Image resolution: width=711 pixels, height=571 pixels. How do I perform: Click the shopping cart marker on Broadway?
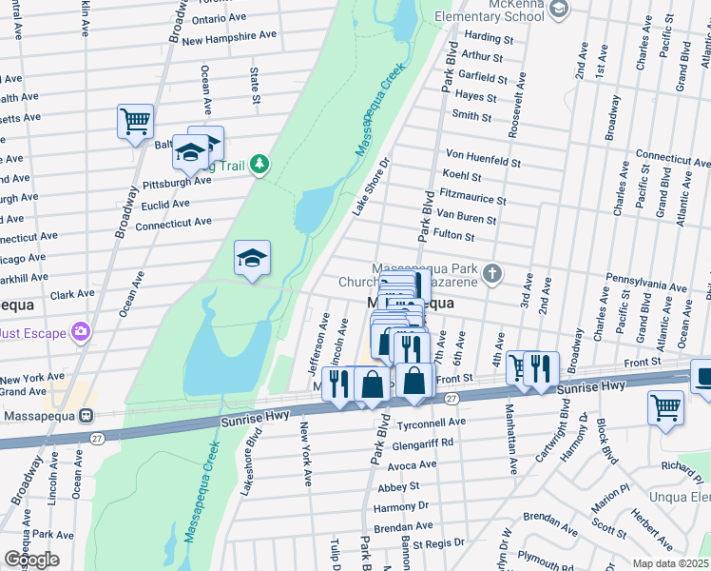click(x=135, y=122)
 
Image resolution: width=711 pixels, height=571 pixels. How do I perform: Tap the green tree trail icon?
click(x=258, y=166)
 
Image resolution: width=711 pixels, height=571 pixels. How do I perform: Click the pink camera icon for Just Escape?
click(x=82, y=331)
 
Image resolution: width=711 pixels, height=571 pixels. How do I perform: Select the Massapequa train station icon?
click(x=85, y=416)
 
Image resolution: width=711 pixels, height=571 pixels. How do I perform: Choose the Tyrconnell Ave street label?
click(x=433, y=422)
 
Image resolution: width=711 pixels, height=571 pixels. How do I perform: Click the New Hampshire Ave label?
click(x=229, y=39)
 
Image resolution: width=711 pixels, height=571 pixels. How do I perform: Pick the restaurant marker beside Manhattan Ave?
click(x=541, y=369)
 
